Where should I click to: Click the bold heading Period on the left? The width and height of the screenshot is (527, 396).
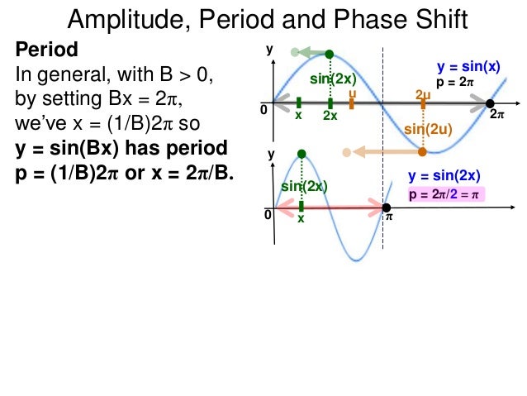coord(46,49)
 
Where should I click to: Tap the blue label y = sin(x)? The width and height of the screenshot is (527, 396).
coord(468,67)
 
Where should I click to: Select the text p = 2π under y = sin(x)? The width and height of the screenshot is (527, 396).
coord(456,83)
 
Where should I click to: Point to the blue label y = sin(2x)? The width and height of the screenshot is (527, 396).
coord(444,175)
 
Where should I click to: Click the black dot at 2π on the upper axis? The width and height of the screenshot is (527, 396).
coord(490,103)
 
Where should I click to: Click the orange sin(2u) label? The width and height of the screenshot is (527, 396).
coord(426,130)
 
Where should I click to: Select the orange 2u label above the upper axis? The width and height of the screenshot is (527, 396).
coord(423,94)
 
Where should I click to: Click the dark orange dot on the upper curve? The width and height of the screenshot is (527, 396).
coord(422,151)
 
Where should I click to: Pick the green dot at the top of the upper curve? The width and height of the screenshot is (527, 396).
coord(329,54)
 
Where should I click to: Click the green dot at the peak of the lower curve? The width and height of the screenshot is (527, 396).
coord(301,154)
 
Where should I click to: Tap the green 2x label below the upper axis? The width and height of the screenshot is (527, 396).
coord(330,117)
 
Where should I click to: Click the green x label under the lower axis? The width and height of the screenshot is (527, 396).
coord(301,219)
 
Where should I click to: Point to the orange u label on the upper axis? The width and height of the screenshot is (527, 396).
coord(352,94)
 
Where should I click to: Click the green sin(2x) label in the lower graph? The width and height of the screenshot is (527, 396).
coord(305,187)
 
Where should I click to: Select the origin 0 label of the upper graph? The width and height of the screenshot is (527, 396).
coord(263,109)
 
